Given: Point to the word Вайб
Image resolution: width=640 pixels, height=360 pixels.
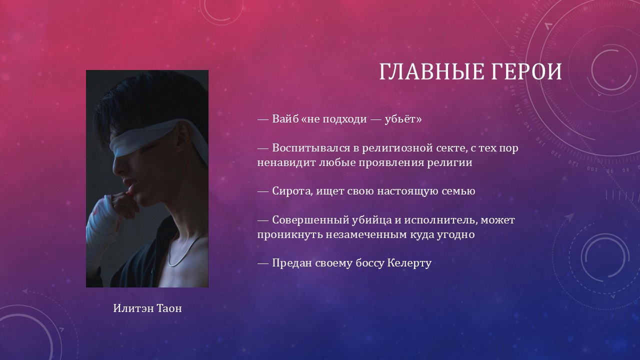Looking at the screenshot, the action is [x=285, y=118].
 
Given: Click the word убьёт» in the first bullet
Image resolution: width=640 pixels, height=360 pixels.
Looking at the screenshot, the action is [x=403, y=119].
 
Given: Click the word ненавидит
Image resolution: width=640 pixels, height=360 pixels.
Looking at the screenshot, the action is [x=286, y=163].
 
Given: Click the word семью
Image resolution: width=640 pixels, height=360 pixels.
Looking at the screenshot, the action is [x=458, y=191].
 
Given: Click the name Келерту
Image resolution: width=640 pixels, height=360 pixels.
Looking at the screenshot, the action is [x=409, y=263].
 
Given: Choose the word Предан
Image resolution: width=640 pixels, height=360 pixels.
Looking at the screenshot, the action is [x=291, y=263].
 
